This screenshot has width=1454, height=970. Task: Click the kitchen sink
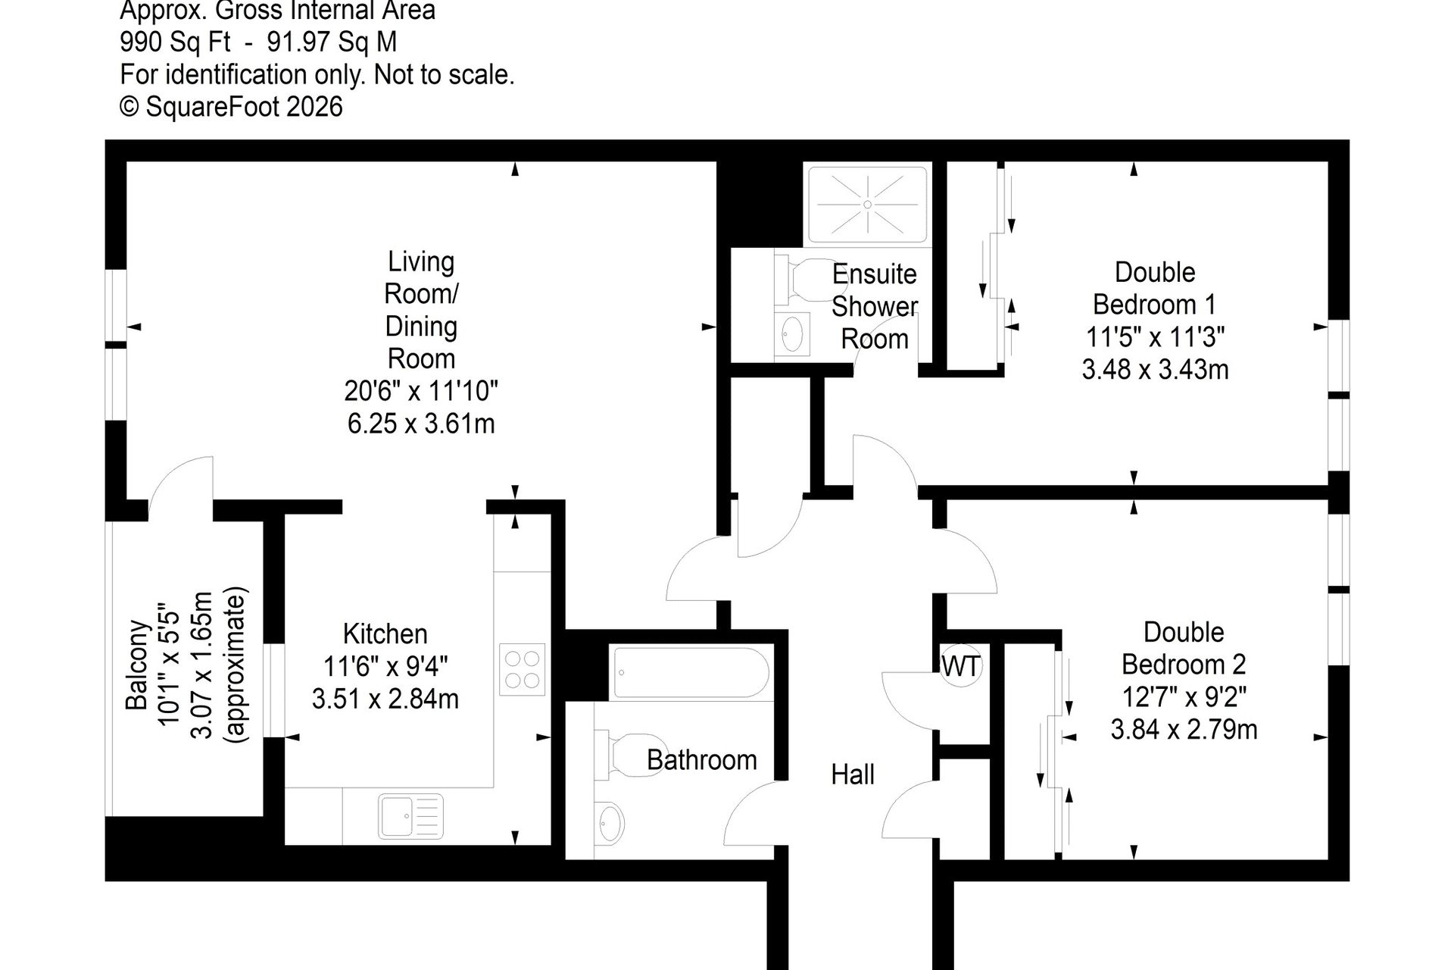tap(411, 816)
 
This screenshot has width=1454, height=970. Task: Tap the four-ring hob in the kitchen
tap(523, 669)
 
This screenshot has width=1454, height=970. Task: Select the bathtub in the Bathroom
tap(691, 672)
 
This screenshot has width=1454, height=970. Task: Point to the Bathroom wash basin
tap(610, 822)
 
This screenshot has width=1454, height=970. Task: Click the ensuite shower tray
tap(868, 205)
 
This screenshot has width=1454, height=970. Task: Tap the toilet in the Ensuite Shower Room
tap(801, 280)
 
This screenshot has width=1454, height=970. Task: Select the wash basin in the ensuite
tap(792, 333)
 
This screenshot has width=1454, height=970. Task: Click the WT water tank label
tap(961, 666)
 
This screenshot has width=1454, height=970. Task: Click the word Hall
tap(853, 774)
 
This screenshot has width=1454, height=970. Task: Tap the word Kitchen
tap(385, 634)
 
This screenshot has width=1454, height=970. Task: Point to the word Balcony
tap(136, 665)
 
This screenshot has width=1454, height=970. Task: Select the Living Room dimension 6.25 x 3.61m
tap(421, 423)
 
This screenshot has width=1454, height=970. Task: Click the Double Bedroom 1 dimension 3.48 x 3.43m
tap(1155, 369)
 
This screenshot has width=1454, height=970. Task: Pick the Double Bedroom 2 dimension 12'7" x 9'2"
tap(1184, 696)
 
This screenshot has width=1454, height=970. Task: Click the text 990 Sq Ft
tap(175, 42)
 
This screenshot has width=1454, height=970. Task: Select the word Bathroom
tap(702, 759)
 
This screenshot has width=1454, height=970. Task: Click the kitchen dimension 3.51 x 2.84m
tap(385, 698)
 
